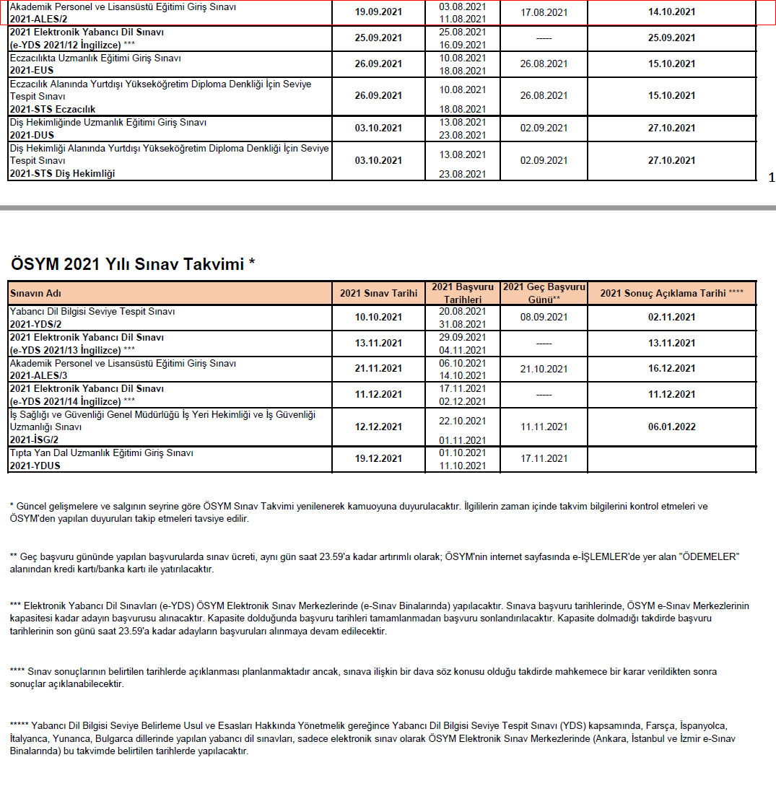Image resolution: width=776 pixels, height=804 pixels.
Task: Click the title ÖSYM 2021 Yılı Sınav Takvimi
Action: coord(131,264)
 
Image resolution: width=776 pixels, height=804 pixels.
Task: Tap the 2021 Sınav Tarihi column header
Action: coord(378,293)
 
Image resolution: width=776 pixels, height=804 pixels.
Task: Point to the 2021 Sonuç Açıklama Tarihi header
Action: coord(671,293)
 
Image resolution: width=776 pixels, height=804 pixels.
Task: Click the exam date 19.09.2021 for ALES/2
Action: coord(378,12)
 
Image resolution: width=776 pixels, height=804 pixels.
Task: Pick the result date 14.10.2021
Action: coord(671,12)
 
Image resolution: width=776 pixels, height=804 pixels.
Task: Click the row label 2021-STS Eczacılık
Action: coord(52,109)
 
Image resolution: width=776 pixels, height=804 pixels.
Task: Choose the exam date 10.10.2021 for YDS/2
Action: coord(378,317)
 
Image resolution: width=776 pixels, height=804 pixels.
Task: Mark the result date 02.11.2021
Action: coord(671,317)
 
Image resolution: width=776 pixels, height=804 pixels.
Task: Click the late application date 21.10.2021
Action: coord(544,369)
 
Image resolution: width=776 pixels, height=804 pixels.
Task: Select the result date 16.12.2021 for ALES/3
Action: coord(671,369)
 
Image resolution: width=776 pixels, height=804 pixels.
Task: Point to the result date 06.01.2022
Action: coord(671,427)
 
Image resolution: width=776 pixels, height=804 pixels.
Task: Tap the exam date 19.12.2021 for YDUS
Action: coord(378,459)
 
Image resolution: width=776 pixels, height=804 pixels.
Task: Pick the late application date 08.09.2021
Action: coord(544,317)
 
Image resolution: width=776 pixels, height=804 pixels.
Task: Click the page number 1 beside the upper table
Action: coord(771,178)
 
